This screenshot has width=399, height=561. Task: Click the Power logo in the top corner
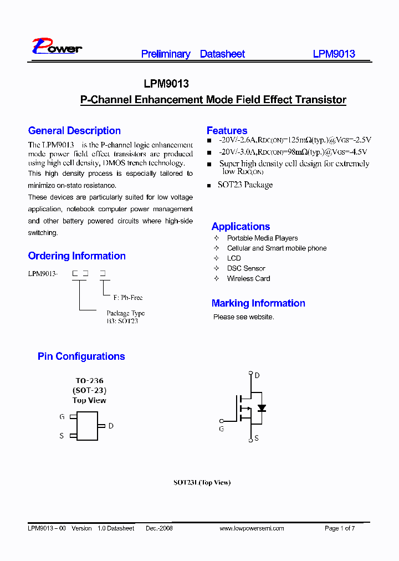pos(57,47)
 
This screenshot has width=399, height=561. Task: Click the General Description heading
pos(74,131)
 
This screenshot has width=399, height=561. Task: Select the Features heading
pos(227,131)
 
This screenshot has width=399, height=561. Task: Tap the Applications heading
pos(241,226)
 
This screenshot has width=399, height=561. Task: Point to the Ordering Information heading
pos(76,256)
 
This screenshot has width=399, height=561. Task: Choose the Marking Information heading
pos(258,303)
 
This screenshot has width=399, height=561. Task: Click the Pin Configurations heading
pos(81,356)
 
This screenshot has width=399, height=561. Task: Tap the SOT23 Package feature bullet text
pos(245,185)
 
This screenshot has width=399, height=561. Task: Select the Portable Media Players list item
pos(262,238)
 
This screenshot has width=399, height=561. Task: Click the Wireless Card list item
pos(248,278)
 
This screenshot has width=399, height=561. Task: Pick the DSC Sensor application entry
pos(246,268)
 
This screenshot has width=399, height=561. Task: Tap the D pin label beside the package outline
pos(111,426)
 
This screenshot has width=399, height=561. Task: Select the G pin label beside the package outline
pos(62,416)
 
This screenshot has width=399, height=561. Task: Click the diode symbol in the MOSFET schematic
pos(262,408)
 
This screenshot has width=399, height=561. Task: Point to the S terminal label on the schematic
pos(257,438)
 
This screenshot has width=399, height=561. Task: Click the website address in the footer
pos(252,528)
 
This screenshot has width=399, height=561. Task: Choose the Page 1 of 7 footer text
pos(339,528)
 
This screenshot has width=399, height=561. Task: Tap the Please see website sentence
pos(244,317)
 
